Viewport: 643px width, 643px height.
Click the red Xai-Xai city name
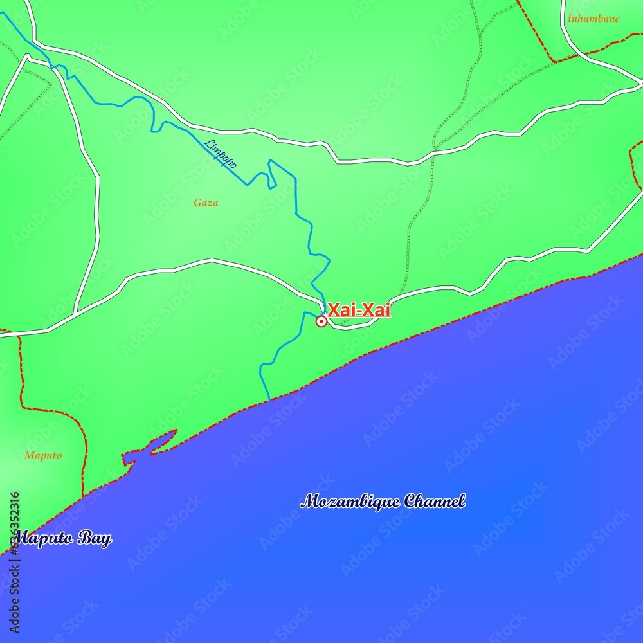click(359, 310)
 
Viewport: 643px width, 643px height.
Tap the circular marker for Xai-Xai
click(321, 321)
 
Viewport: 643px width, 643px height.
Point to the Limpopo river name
click(221, 154)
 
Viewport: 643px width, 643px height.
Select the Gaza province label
click(206, 203)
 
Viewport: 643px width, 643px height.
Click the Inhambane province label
click(593, 19)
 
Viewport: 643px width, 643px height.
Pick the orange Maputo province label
click(43, 455)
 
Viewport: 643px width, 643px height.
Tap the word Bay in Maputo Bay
click(94, 539)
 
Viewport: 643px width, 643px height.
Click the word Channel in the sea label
click(434, 501)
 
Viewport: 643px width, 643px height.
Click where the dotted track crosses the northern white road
click(435, 152)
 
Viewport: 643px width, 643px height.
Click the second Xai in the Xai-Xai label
click(376, 310)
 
